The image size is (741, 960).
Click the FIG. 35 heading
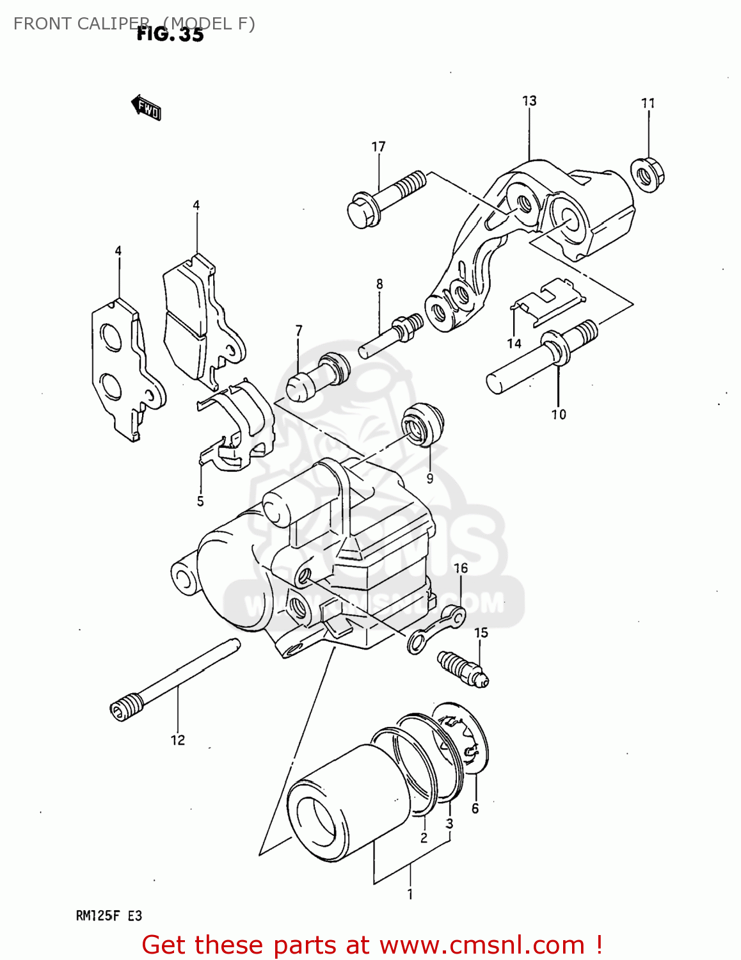click(x=170, y=35)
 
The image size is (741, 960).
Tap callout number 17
click(x=378, y=147)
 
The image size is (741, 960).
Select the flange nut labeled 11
click(x=648, y=173)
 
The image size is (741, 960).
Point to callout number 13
click(x=529, y=101)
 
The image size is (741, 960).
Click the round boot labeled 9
click(x=422, y=423)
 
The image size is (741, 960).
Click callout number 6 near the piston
click(x=475, y=808)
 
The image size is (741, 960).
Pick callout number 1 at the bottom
click(x=410, y=894)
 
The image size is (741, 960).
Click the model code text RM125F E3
click(x=109, y=916)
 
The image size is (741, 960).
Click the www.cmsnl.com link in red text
click(x=482, y=945)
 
